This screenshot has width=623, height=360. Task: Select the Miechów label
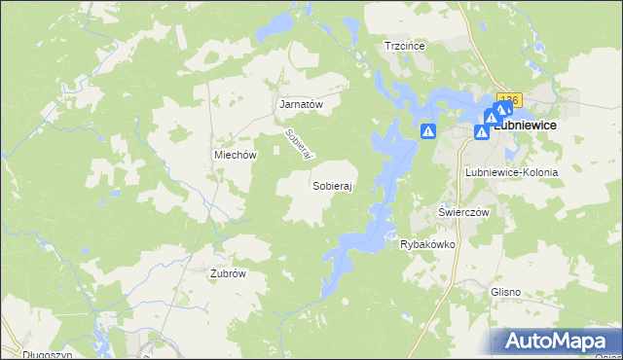(x=235, y=155)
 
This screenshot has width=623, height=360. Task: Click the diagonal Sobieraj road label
(x=297, y=145)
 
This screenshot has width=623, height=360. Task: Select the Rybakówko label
(x=427, y=244)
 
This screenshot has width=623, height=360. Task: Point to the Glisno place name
(x=506, y=291)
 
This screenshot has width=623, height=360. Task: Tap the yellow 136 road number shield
(x=509, y=99)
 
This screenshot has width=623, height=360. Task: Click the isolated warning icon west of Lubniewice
(x=427, y=131)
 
